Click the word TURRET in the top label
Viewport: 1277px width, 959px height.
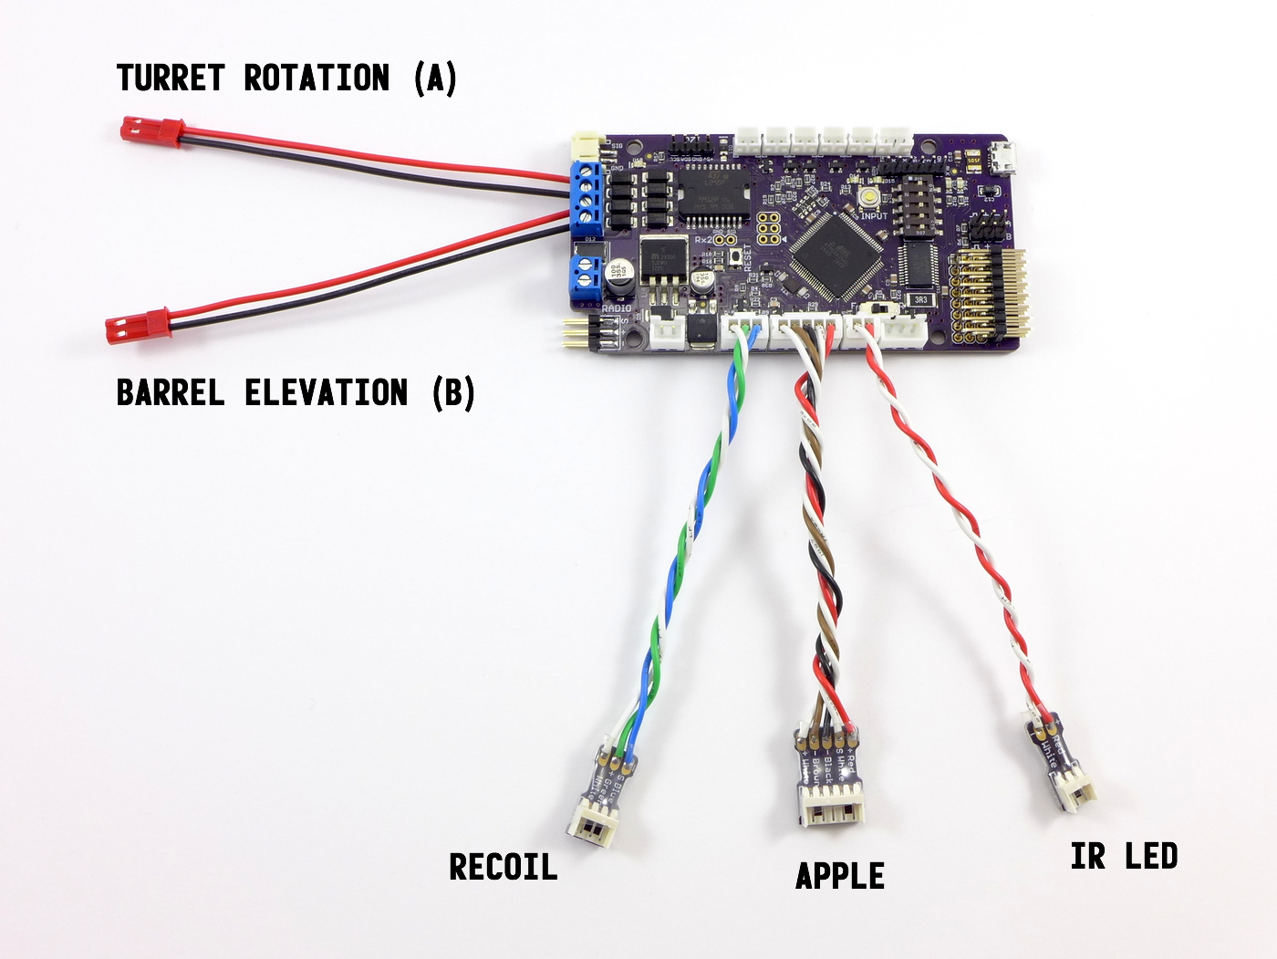pyautogui.click(x=171, y=78)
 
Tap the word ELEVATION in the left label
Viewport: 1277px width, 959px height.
pyautogui.click(x=326, y=393)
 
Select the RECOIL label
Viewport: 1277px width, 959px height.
pyautogui.click(x=503, y=867)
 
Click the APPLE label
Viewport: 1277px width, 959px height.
pyautogui.click(x=840, y=876)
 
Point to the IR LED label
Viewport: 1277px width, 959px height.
pyautogui.click(x=1124, y=857)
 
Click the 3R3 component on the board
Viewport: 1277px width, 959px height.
pyautogui.click(x=921, y=299)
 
